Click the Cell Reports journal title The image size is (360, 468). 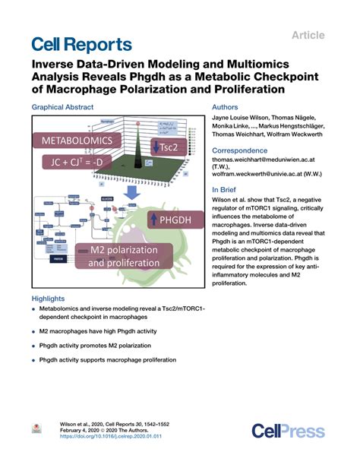[81, 45]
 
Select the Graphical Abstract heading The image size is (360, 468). [67, 108]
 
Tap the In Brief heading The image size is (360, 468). [227, 191]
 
